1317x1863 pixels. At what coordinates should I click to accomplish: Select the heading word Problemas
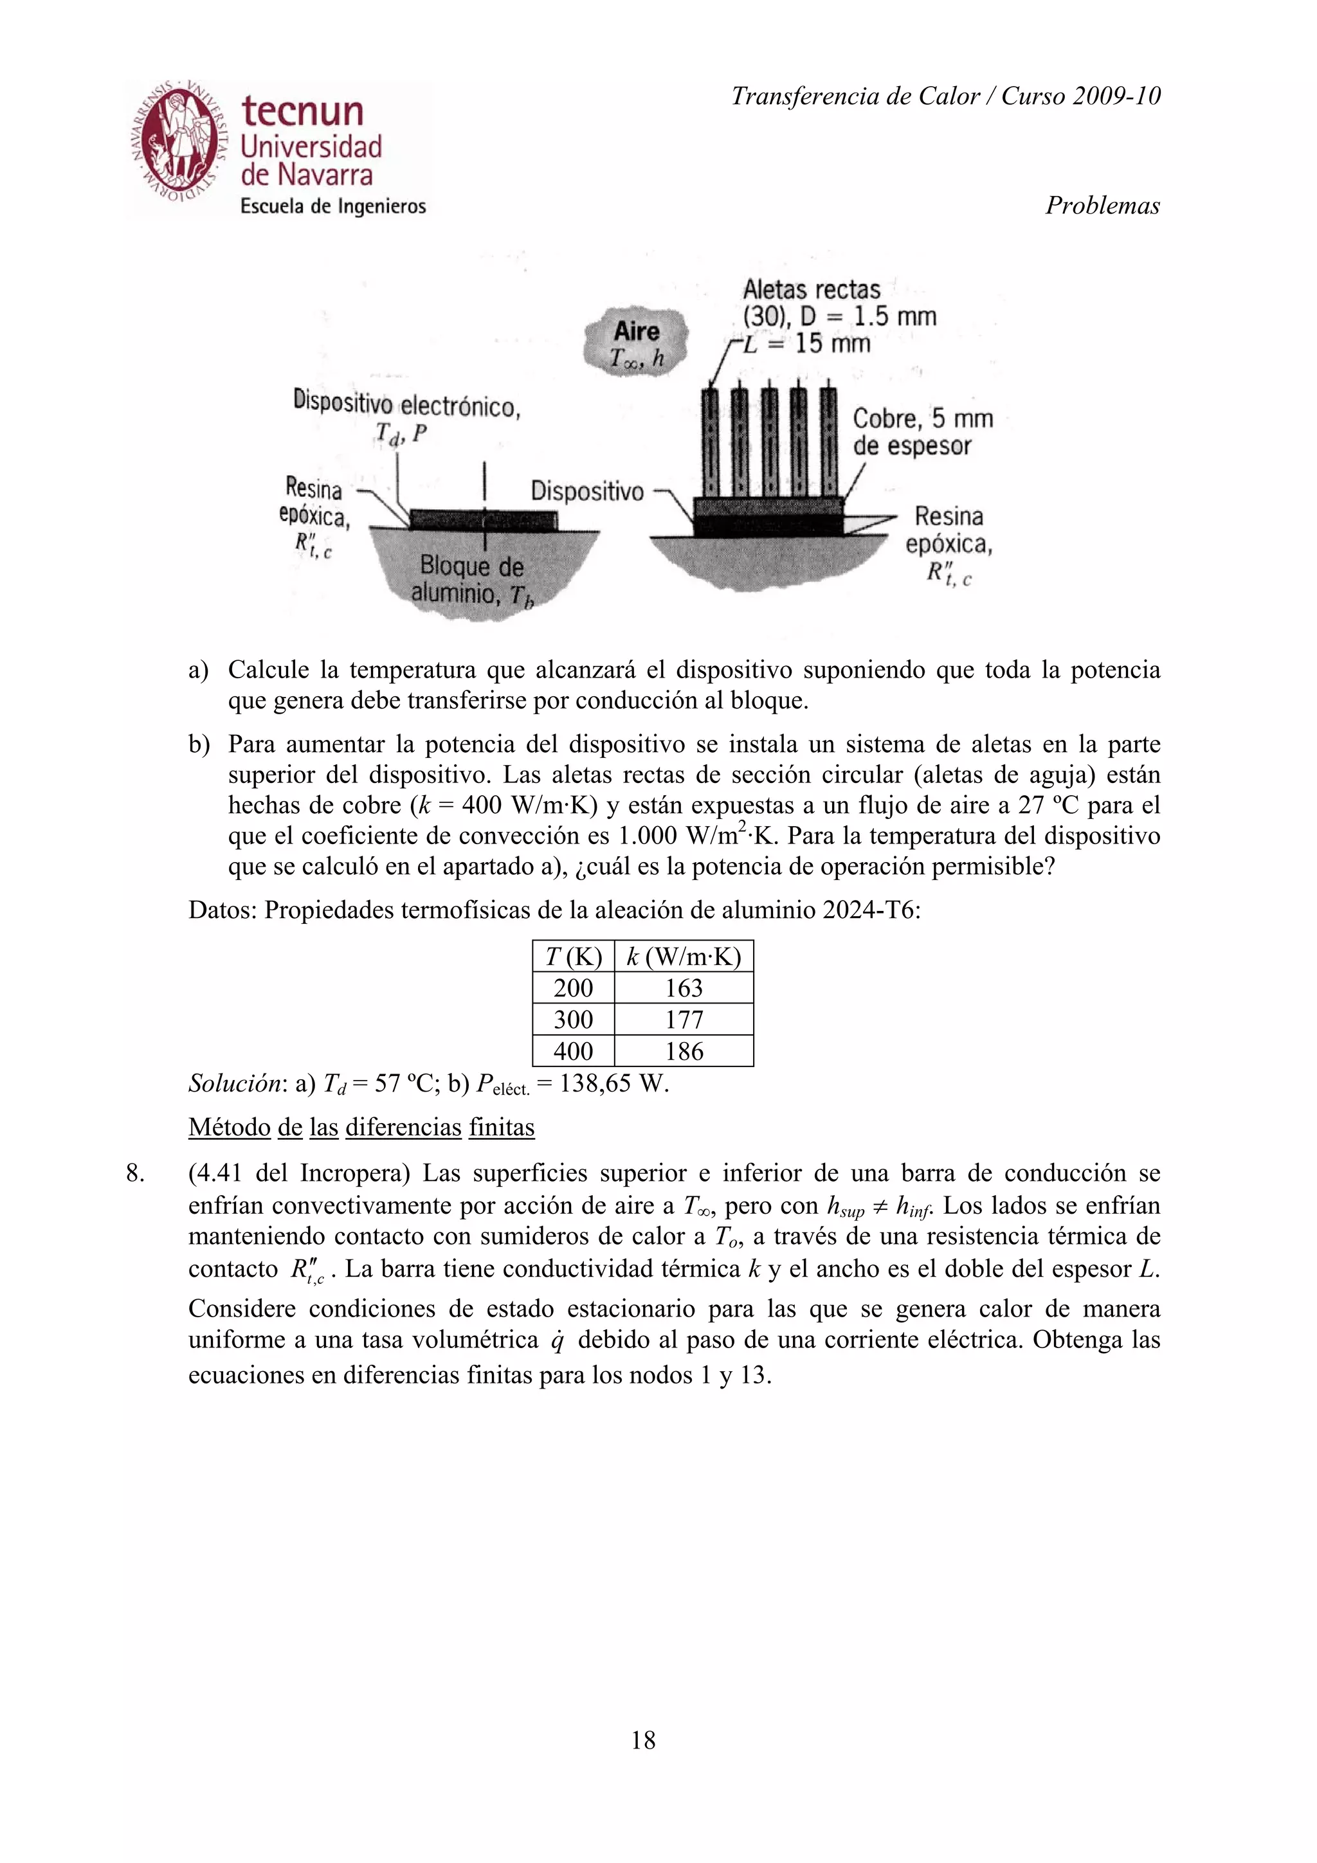[x=1102, y=205]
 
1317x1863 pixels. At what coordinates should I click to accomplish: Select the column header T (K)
[x=573, y=957]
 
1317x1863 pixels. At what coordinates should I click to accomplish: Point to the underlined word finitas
[x=501, y=1127]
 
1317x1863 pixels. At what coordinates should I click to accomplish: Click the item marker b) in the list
[x=199, y=744]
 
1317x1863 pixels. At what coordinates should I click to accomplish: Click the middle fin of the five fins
[x=768, y=443]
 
